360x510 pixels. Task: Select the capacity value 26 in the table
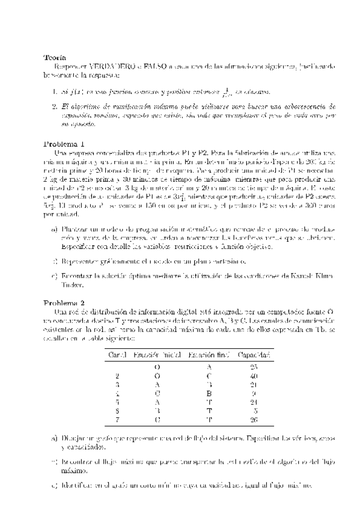[253, 420]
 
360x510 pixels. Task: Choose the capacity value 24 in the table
[253, 402]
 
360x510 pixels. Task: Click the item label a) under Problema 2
[55, 438]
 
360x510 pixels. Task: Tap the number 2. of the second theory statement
[53, 106]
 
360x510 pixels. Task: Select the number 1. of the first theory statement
[53, 92]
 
